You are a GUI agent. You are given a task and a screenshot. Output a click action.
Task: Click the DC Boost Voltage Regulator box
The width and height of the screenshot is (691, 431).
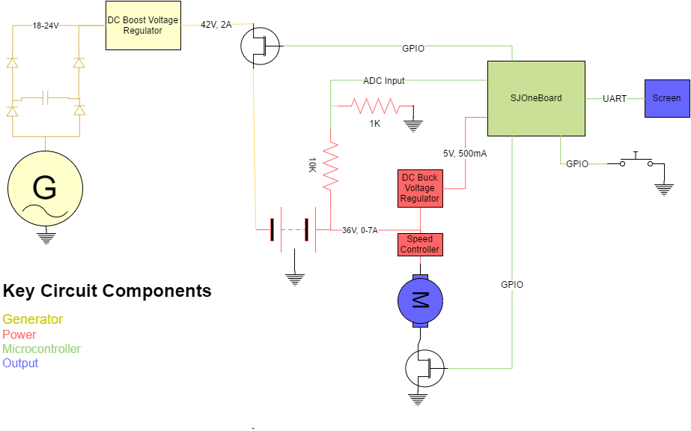pyautogui.click(x=143, y=25)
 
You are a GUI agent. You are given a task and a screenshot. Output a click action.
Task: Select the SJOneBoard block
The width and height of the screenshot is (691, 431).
pyautogui.click(x=536, y=98)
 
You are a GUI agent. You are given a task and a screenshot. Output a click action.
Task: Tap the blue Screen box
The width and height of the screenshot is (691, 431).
pyautogui.click(x=667, y=98)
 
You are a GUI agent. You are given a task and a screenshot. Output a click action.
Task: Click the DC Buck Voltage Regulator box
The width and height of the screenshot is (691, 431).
pyautogui.click(x=420, y=188)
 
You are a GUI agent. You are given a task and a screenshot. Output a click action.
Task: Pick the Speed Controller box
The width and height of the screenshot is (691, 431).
pyautogui.click(x=420, y=244)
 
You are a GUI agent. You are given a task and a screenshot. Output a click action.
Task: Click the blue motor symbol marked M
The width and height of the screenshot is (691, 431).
pyautogui.click(x=420, y=301)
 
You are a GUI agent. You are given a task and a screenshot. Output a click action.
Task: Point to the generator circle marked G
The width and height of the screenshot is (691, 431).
pyautogui.click(x=46, y=188)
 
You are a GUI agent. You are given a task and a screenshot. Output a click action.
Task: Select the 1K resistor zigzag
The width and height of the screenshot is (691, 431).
pyautogui.click(x=375, y=106)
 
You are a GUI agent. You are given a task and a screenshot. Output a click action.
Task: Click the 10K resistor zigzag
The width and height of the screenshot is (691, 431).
pyautogui.click(x=330, y=166)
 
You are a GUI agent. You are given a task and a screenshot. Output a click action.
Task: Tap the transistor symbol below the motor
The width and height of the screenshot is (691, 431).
pyautogui.click(x=424, y=368)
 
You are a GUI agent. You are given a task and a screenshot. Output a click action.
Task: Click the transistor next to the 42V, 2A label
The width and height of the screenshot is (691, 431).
pyautogui.click(x=260, y=46)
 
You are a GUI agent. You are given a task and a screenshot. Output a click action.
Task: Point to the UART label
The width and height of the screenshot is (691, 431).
pyautogui.click(x=615, y=99)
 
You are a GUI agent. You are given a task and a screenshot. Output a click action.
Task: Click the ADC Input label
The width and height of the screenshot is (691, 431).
pyautogui.click(x=384, y=81)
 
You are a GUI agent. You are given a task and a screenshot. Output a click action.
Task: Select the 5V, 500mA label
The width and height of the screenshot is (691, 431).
pyautogui.click(x=465, y=154)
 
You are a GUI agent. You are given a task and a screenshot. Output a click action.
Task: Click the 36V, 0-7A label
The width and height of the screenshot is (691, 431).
pyautogui.click(x=360, y=230)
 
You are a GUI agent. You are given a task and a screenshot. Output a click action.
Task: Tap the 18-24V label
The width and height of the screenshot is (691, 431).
pyautogui.click(x=46, y=26)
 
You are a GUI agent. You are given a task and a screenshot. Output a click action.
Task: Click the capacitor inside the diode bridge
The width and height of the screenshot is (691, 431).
pyautogui.click(x=46, y=98)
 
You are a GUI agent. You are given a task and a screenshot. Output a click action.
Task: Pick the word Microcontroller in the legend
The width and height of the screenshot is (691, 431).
pyautogui.click(x=41, y=349)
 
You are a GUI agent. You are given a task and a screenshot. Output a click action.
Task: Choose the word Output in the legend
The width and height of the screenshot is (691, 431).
pyautogui.click(x=20, y=363)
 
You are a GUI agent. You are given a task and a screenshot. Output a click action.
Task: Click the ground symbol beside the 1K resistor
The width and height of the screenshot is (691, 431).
pyautogui.click(x=413, y=126)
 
